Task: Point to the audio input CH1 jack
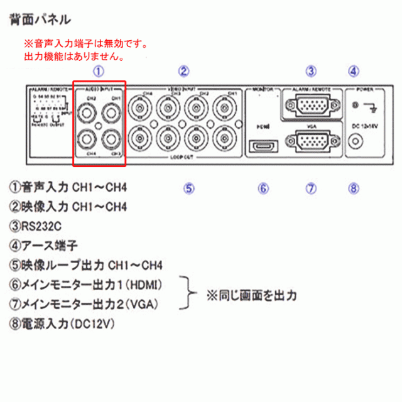[x=111, y=114]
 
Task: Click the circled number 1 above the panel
[x=99, y=71]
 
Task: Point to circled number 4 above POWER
[x=354, y=71]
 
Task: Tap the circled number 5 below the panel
[x=189, y=187]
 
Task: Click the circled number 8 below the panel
[x=354, y=187]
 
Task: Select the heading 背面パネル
[x=40, y=20]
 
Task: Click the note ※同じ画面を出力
[x=251, y=294]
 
